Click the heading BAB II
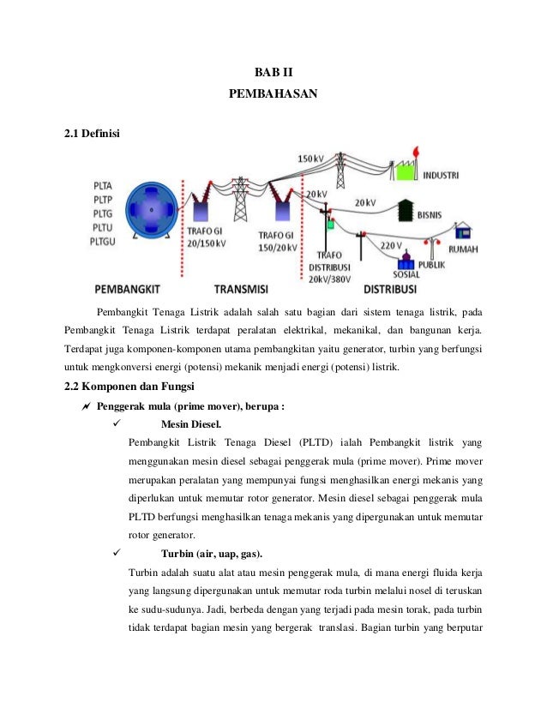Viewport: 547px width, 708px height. click(x=273, y=71)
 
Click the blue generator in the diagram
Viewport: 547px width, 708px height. click(x=151, y=210)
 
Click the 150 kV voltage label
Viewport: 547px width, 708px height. click(x=311, y=159)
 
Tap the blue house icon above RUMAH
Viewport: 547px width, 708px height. click(x=462, y=231)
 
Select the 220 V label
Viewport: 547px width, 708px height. click(x=391, y=246)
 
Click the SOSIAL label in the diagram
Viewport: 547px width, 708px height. click(x=405, y=274)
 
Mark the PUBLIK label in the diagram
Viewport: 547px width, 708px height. click(x=433, y=266)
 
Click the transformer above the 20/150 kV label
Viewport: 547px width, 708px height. click(x=203, y=208)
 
